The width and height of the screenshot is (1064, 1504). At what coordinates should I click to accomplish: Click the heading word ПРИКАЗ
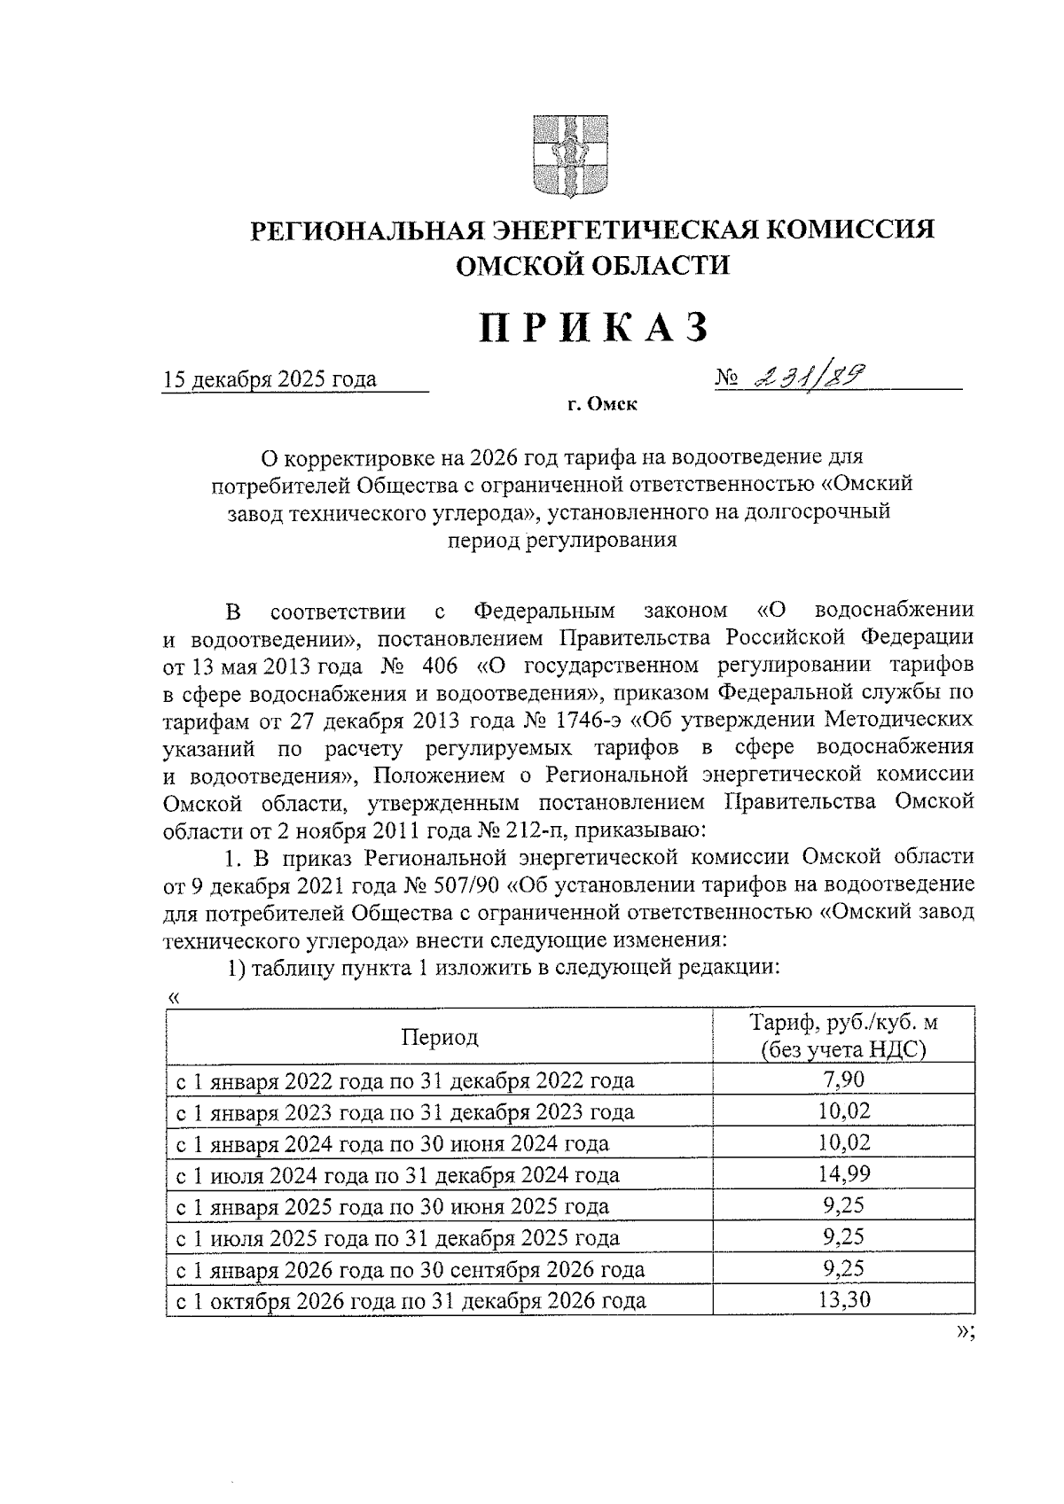(595, 327)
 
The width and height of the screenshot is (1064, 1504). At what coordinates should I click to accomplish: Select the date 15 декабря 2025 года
(270, 380)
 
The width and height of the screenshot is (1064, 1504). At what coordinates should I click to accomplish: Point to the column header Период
(439, 1037)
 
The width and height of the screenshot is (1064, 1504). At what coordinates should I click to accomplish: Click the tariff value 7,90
(843, 1079)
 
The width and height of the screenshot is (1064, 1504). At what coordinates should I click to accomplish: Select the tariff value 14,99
(843, 1174)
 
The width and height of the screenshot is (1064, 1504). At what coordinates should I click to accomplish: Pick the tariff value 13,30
(843, 1300)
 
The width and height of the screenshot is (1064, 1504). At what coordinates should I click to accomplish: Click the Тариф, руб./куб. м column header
(843, 1035)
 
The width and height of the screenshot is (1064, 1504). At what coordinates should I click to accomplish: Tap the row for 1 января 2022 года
(403, 1080)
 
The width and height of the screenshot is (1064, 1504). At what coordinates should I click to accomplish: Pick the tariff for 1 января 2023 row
(843, 1111)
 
